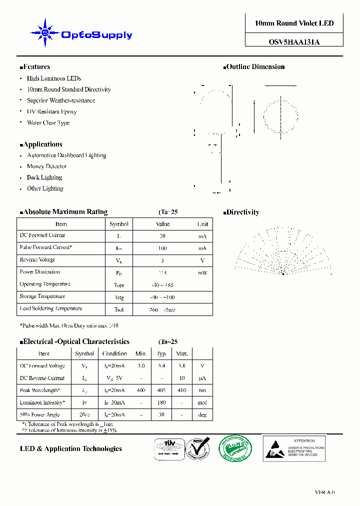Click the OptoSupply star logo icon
pyautogui.click(x=45, y=33)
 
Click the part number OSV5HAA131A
pyautogui.click(x=294, y=42)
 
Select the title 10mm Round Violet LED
pyautogui.click(x=294, y=23)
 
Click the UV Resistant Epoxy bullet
pyautogui.click(x=51, y=111)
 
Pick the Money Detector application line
pyautogui.click(x=46, y=166)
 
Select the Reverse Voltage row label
pyautogui.click(x=37, y=260)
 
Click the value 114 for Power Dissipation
pyautogui.click(x=162, y=273)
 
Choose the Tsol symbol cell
pyautogui.click(x=119, y=309)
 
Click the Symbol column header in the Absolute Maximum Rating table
pyautogui.click(x=119, y=224)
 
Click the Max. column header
pyautogui.click(x=182, y=353)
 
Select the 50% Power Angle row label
pyautogui.click(x=39, y=414)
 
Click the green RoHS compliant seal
pyautogui.click(x=229, y=448)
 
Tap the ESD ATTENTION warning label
pyautogui.click(x=294, y=448)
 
